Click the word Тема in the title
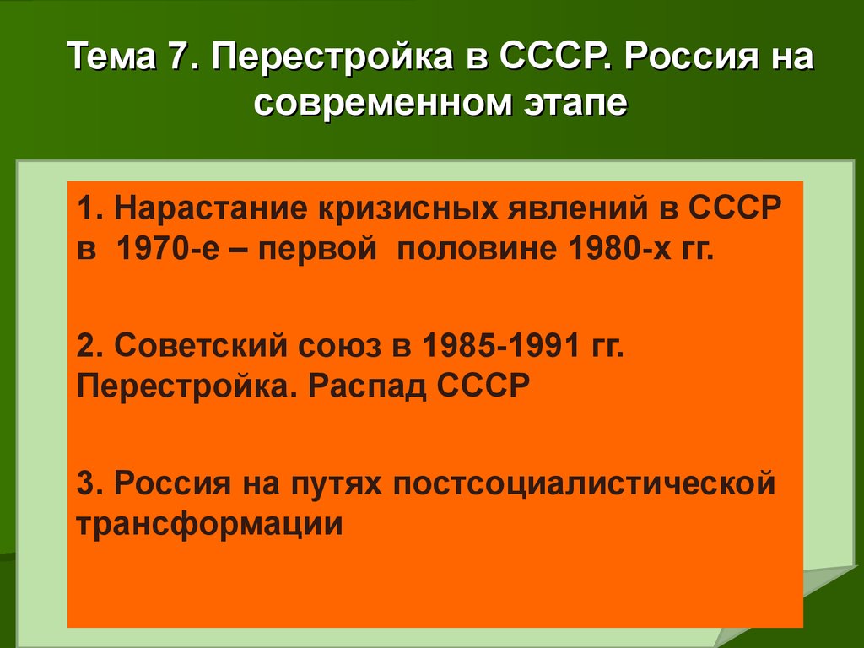coord(112,57)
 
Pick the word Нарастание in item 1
coord(210,208)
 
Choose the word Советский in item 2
coord(201,346)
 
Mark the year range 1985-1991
coord(501,346)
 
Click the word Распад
coord(367,386)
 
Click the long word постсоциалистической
coord(584,483)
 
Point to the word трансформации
coord(209,523)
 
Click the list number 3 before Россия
coord(87,483)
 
